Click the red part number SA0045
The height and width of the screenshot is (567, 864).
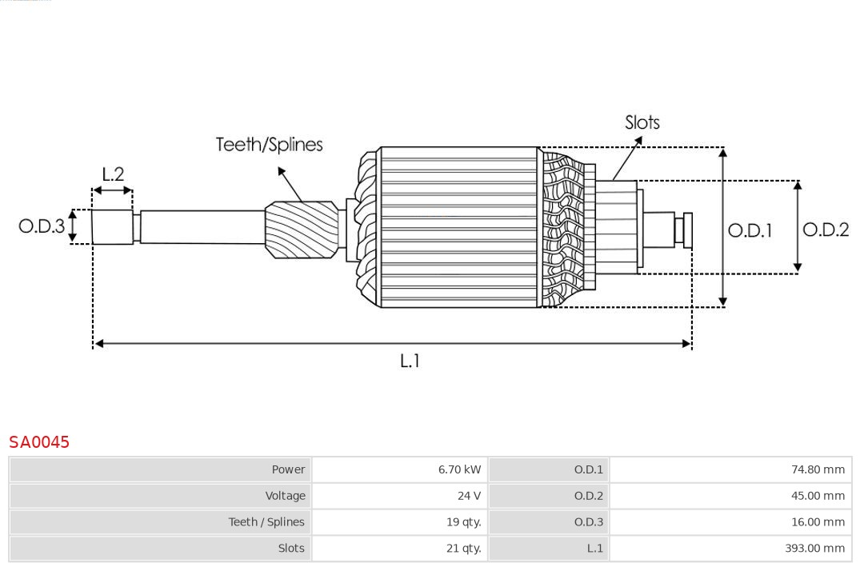39,442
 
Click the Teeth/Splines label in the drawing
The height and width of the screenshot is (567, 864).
269,145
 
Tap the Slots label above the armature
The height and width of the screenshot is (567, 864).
642,122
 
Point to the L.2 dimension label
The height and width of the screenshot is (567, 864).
113,174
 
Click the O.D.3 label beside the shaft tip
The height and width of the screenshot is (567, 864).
42,226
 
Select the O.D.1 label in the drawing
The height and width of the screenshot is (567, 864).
750,230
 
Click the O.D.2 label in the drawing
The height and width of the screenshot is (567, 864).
825,230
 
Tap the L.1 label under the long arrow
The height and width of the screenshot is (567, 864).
410,361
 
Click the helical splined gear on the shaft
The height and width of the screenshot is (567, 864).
302,230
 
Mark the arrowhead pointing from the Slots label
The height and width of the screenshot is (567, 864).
638,140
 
